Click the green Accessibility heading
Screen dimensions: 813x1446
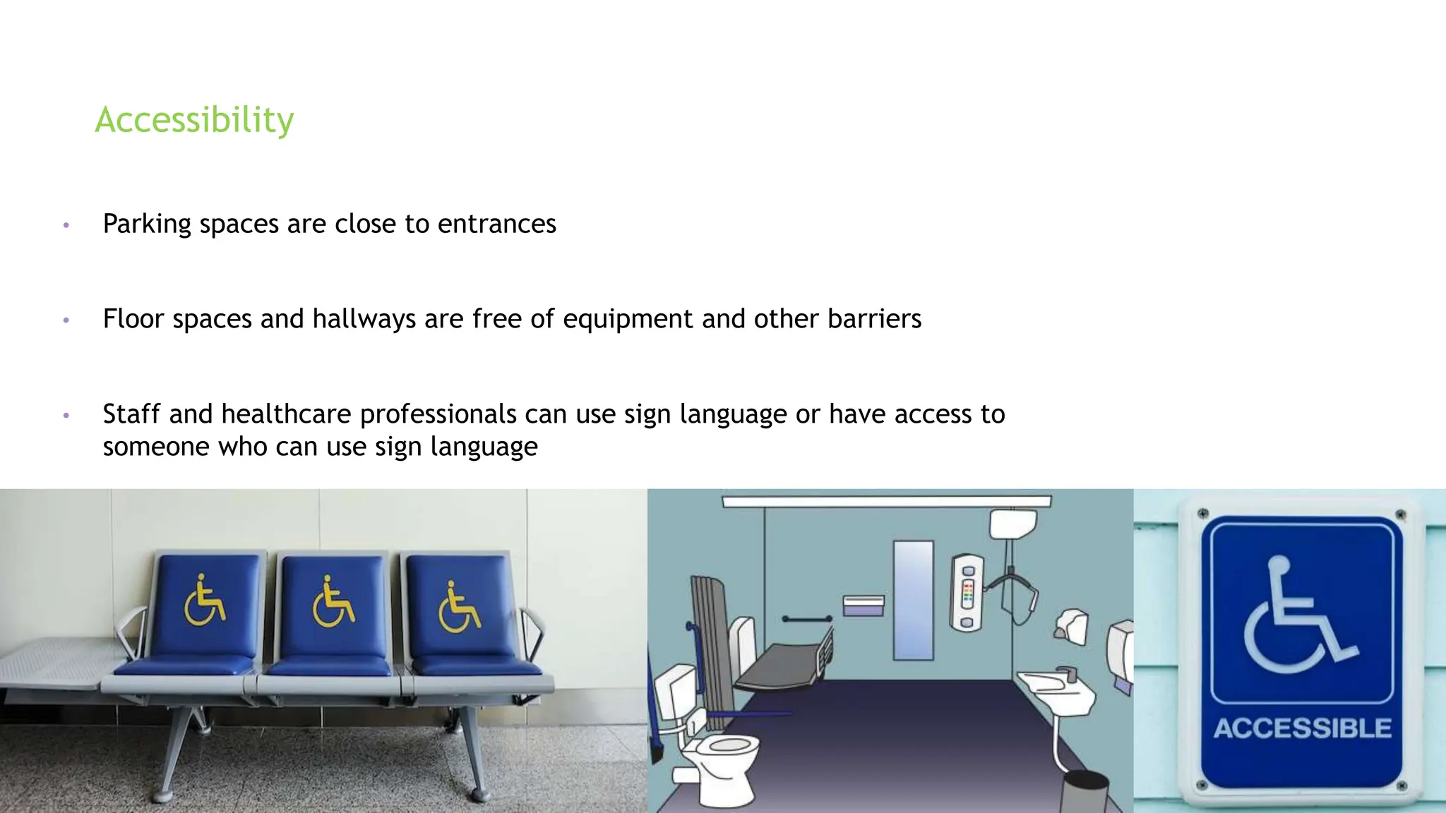[x=194, y=120]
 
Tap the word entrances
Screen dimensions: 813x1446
[x=496, y=224]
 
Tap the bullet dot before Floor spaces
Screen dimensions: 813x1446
[x=66, y=320]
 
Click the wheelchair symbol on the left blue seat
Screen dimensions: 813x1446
[x=204, y=601]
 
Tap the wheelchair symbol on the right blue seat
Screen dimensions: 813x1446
[x=458, y=607]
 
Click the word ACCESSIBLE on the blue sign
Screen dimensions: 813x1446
[x=1302, y=728]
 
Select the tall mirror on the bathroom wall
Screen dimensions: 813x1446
[x=913, y=600]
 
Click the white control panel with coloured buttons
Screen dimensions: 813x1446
[x=968, y=593]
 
